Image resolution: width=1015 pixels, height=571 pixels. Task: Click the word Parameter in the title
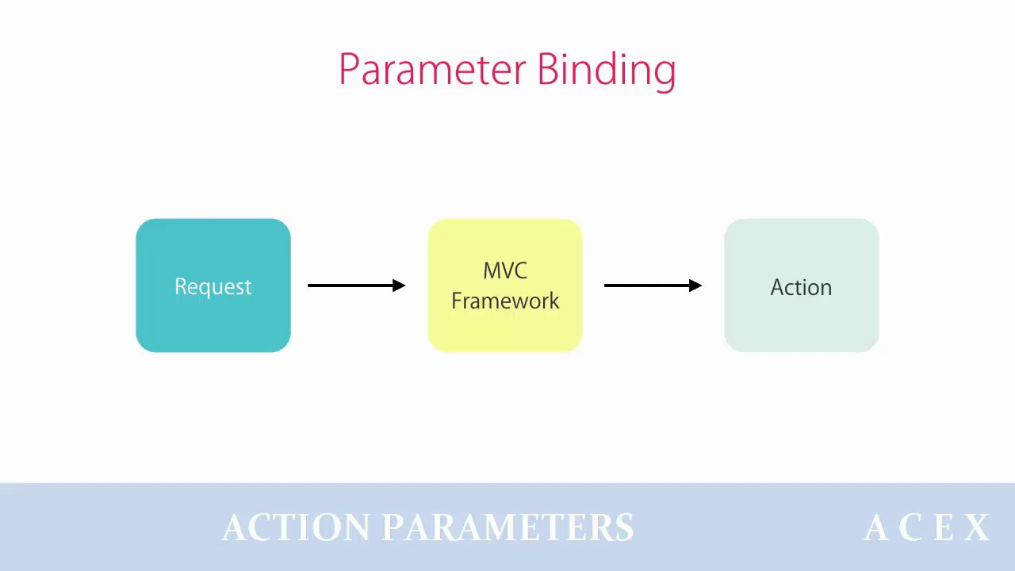(x=433, y=69)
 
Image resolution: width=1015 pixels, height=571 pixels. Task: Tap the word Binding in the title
(x=607, y=71)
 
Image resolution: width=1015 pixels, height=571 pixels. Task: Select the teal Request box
(x=213, y=285)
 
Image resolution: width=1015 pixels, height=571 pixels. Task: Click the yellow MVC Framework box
(x=505, y=285)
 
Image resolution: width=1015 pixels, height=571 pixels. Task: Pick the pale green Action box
(x=802, y=285)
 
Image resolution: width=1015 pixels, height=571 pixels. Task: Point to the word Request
(x=213, y=287)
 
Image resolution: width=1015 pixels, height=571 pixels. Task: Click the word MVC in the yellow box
(x=505, y=271)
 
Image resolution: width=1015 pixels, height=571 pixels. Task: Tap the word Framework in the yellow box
(x=505, y=301)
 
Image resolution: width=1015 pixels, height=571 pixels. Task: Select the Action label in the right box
(x=801, y=287)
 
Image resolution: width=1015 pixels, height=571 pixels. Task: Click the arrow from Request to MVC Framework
(x=357, y=285)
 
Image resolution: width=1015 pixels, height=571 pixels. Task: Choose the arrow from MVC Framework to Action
(x=653, y=285)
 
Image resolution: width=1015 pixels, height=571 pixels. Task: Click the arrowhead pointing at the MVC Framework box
(x=399, y=285)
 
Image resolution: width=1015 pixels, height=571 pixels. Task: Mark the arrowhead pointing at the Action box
(x=695, y=285)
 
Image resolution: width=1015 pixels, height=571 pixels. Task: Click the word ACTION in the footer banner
(x=296, y=527)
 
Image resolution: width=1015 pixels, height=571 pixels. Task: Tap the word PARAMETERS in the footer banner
(x=508, y=527)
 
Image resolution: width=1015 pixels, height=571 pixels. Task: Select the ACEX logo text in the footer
(x=927, y=527)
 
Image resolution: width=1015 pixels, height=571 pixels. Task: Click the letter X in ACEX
(x=976, y=527)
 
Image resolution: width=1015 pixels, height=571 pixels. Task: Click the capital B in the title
(x=547, y=69)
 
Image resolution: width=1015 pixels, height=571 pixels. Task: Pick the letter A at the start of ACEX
(x=876, y=527)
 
